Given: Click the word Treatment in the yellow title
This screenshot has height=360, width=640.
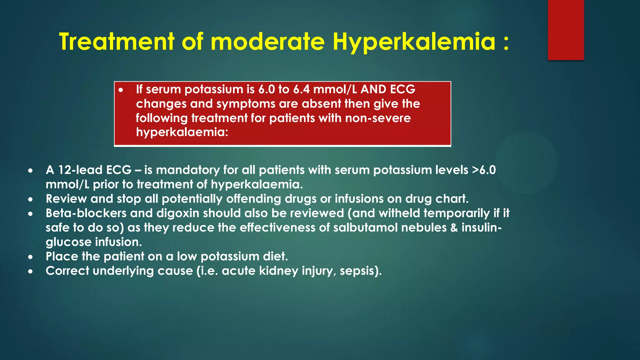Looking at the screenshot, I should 116,42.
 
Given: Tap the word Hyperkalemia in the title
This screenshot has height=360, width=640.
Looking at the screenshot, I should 414,42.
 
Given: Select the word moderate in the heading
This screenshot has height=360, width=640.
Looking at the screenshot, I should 268,42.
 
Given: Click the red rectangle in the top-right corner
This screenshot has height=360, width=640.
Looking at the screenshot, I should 566,30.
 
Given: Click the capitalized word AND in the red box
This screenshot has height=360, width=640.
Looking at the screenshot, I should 373,89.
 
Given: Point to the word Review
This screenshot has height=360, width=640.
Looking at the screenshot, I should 66,199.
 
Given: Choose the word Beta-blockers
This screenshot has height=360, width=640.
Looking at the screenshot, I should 86,213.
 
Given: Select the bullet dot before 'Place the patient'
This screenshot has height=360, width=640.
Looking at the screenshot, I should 30,257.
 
